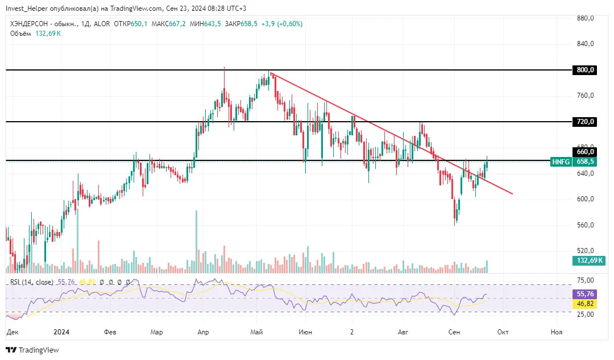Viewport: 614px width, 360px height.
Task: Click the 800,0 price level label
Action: coord(584,70)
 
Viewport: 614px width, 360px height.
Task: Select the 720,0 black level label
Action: coord(584,122)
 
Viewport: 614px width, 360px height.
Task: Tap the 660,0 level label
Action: coord(584,152)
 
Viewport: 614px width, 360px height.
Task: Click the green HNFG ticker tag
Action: coord(561,162)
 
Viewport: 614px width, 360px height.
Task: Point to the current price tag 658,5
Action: coord(584,162)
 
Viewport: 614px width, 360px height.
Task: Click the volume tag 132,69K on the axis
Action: coord(589,260)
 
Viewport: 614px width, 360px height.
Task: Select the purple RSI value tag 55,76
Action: coord(585,294)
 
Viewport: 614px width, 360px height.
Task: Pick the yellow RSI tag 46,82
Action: coord(585,304)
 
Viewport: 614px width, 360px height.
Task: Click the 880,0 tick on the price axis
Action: coord(586,18)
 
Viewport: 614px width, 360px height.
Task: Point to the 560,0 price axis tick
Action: coord(586,225)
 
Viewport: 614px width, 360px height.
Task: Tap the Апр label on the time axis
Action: coord(203,332)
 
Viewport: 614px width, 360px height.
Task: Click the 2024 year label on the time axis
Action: coord(61,332)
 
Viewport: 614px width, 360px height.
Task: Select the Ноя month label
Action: coord(556,332)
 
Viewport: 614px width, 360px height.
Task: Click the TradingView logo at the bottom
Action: coord(32,350)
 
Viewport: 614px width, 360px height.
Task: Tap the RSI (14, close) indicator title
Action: coord(32,282)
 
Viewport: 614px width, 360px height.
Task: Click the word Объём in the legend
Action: coord(21,34)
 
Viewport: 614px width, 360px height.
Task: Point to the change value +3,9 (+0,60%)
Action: coord(282,24)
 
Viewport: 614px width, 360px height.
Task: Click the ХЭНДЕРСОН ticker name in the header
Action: coord(30,24)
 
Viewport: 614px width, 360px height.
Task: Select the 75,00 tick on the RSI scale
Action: coord(586,280)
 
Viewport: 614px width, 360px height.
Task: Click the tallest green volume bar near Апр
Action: coord(196,241)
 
